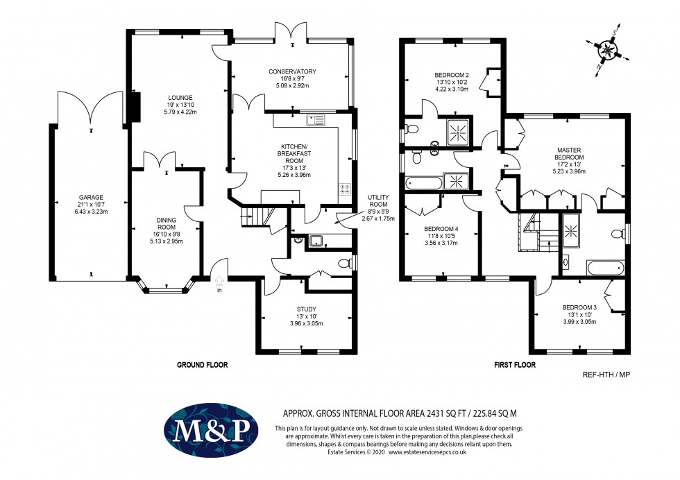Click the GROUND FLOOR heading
(202, 365)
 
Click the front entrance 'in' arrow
(220, 283)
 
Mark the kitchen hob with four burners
(344, 188)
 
